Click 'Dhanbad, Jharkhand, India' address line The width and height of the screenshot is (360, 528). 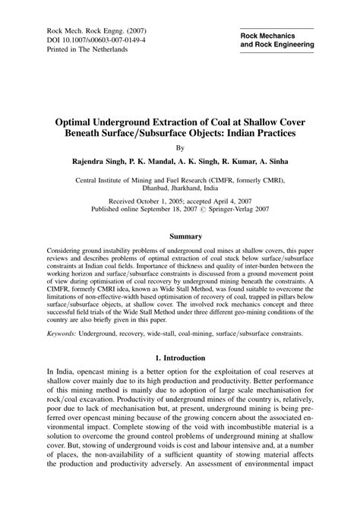(180, 191)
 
